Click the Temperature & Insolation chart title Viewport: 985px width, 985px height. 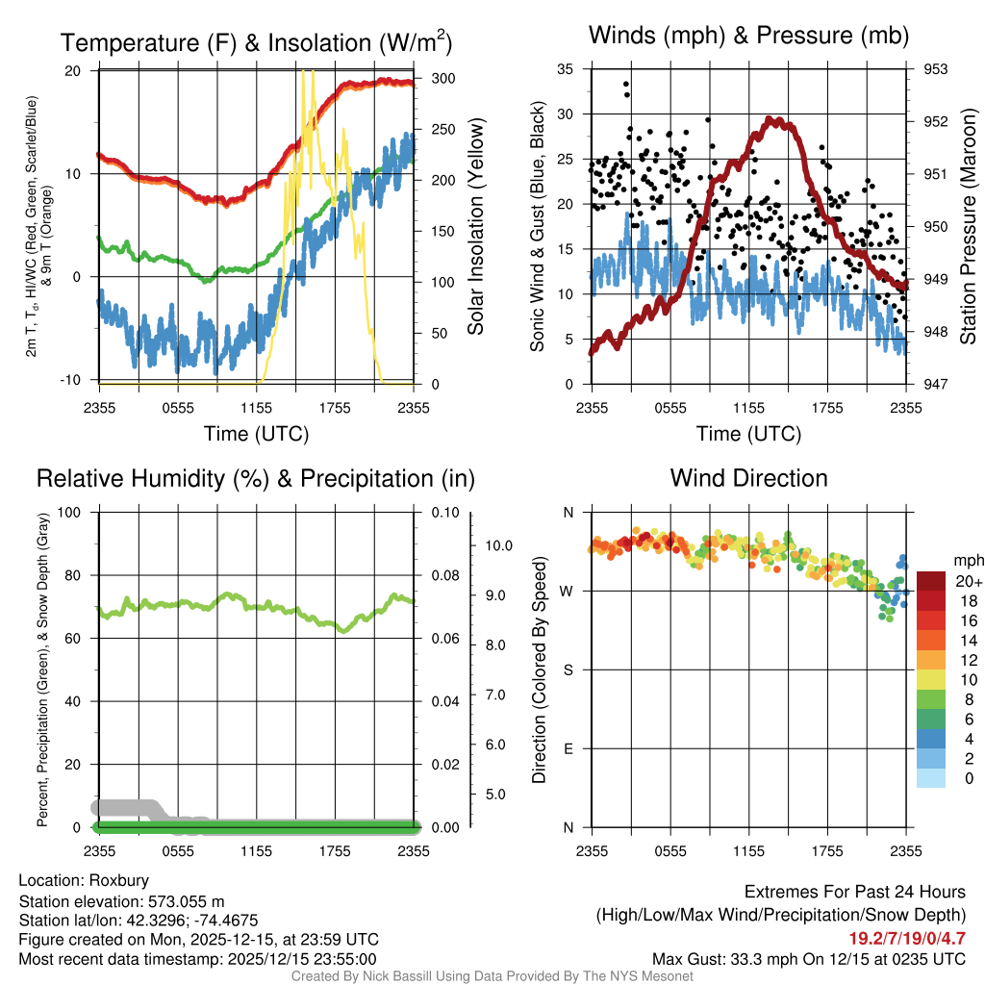click(x=256, y=42)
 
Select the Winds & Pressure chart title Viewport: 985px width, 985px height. click(x=748, y=36)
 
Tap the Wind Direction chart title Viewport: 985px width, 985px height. click(x=748, y=478)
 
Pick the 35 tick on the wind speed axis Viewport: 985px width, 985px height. click(x=567, y=69)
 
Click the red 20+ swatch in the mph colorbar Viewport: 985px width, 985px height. click(x=931, y=582)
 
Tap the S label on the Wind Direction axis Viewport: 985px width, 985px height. click(x=568, y=669)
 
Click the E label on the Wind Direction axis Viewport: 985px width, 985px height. click(x=568, y=748)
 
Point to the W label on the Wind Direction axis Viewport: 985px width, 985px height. click(x=568, y=591)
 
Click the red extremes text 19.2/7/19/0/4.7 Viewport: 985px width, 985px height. click(x=907, y=938)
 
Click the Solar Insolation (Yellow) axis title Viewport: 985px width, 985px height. click(x=475, y=227)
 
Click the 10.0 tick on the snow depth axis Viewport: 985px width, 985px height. click(x=498, y=545)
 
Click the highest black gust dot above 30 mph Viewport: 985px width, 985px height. click(x=626, y=84)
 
